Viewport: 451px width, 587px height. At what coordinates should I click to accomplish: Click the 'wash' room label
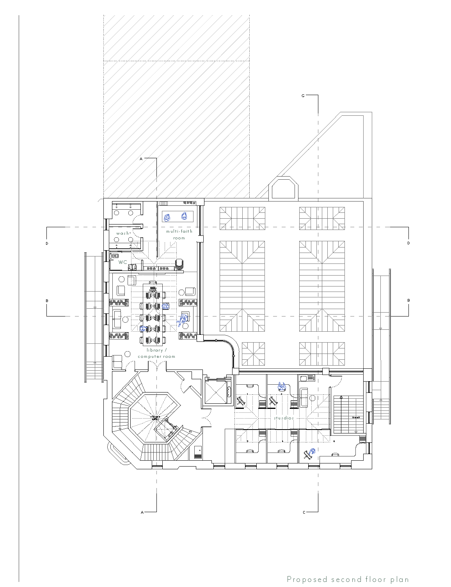(123, 233)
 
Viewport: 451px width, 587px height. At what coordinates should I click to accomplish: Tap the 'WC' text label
(123, 262)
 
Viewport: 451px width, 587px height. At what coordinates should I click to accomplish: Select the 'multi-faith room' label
(179, 234)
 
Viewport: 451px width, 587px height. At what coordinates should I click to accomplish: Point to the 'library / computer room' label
(156, 353)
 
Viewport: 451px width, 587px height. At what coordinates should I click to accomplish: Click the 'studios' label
(283, 418)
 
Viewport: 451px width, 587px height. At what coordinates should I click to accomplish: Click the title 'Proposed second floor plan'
(348, 579)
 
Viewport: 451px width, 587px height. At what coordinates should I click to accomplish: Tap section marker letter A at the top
(141, 159)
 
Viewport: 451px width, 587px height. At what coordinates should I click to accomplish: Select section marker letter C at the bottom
(304, 512)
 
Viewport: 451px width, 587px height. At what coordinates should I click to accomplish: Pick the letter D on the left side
(47, 243)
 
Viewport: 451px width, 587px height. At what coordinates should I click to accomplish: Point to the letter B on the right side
(408, 301)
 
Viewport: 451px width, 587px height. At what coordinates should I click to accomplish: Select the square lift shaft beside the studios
(216, 391)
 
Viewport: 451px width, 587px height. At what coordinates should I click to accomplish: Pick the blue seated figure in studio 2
(282, 387)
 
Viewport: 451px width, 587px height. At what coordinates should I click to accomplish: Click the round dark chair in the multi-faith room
(179, 264)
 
